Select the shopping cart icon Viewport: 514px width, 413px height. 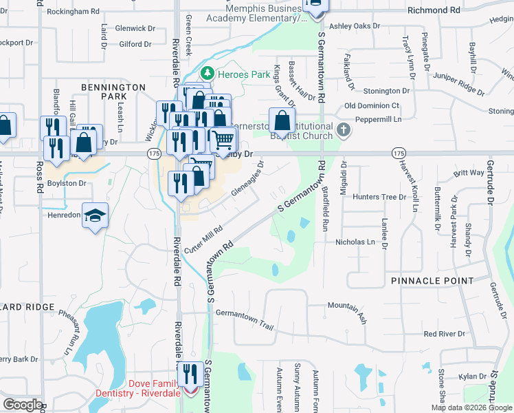pyautogui.click(x=223, y=140)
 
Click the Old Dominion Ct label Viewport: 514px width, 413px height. pyautogui.click(x=372, y=105)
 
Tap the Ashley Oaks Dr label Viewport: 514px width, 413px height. pyautogui.click(x=355, y=26)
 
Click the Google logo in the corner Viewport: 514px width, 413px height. pyautogui.click(x=23, y=405)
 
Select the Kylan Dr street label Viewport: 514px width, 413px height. pyautogui.click(x=473, y=376)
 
